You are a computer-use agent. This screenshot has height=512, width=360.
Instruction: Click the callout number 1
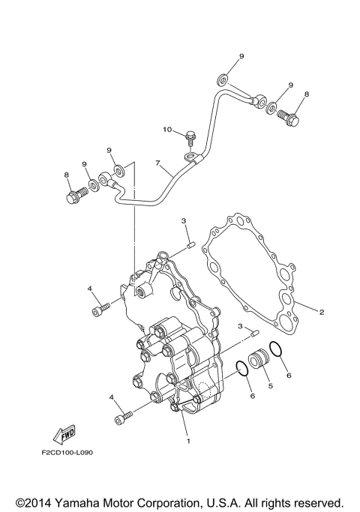click(187, 441)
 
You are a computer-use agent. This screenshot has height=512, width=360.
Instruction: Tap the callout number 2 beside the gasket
click(322, 312)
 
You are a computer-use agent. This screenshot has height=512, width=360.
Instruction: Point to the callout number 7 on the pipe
click(158, 163)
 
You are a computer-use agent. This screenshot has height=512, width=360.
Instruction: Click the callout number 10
click(168, 130)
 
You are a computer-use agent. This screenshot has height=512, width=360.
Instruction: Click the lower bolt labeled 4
click(123, 417)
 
